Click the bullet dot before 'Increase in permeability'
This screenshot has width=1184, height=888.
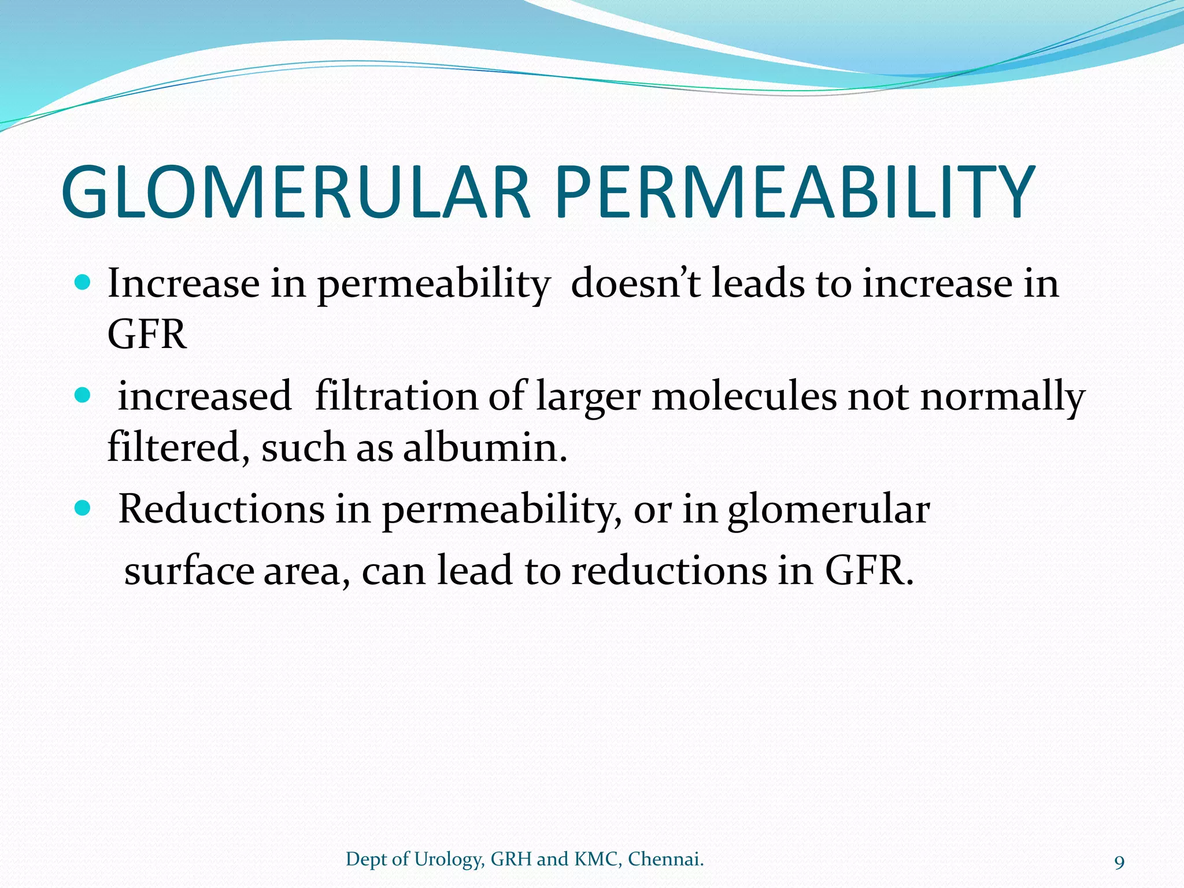click(x=83, y=283)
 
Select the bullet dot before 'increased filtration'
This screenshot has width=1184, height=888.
click(x=83, y=395)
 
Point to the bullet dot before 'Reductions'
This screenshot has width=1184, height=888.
click(x=83, y=508)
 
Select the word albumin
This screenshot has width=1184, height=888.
click(x=484, y=447)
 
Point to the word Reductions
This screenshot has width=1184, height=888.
click(x=221, y=509)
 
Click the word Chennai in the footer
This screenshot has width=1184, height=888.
click(x=665, y=860)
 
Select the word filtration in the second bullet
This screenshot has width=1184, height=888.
click(x=396, y=397)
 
